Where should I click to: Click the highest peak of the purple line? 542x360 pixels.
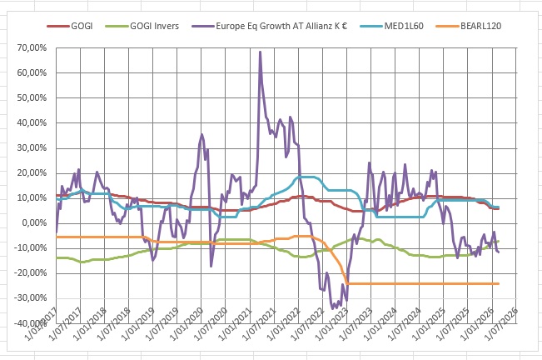(261, 52)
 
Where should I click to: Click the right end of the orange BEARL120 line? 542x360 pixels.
(498, 283)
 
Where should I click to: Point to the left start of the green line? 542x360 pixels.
(57, 257)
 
